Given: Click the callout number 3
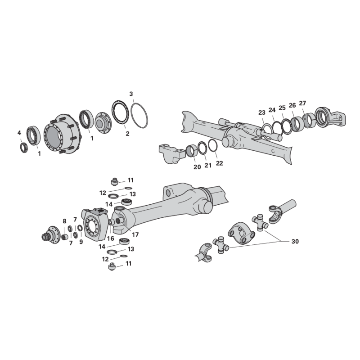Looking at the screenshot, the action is pyautogui.click(x=131, y=94).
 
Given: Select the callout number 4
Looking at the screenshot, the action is pyautogui.click(x=19, y=133).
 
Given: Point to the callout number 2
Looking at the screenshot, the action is pyautogui.click(x=127, y=133).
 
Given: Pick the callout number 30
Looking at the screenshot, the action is pyautogui.click(x=295, y=242).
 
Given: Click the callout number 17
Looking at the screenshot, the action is pyautogui.click(x=135, y=234).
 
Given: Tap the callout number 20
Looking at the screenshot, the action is pyautogui.click(x=197, y=167).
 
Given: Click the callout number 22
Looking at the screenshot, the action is pyautogui.click(x=220, y=163).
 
